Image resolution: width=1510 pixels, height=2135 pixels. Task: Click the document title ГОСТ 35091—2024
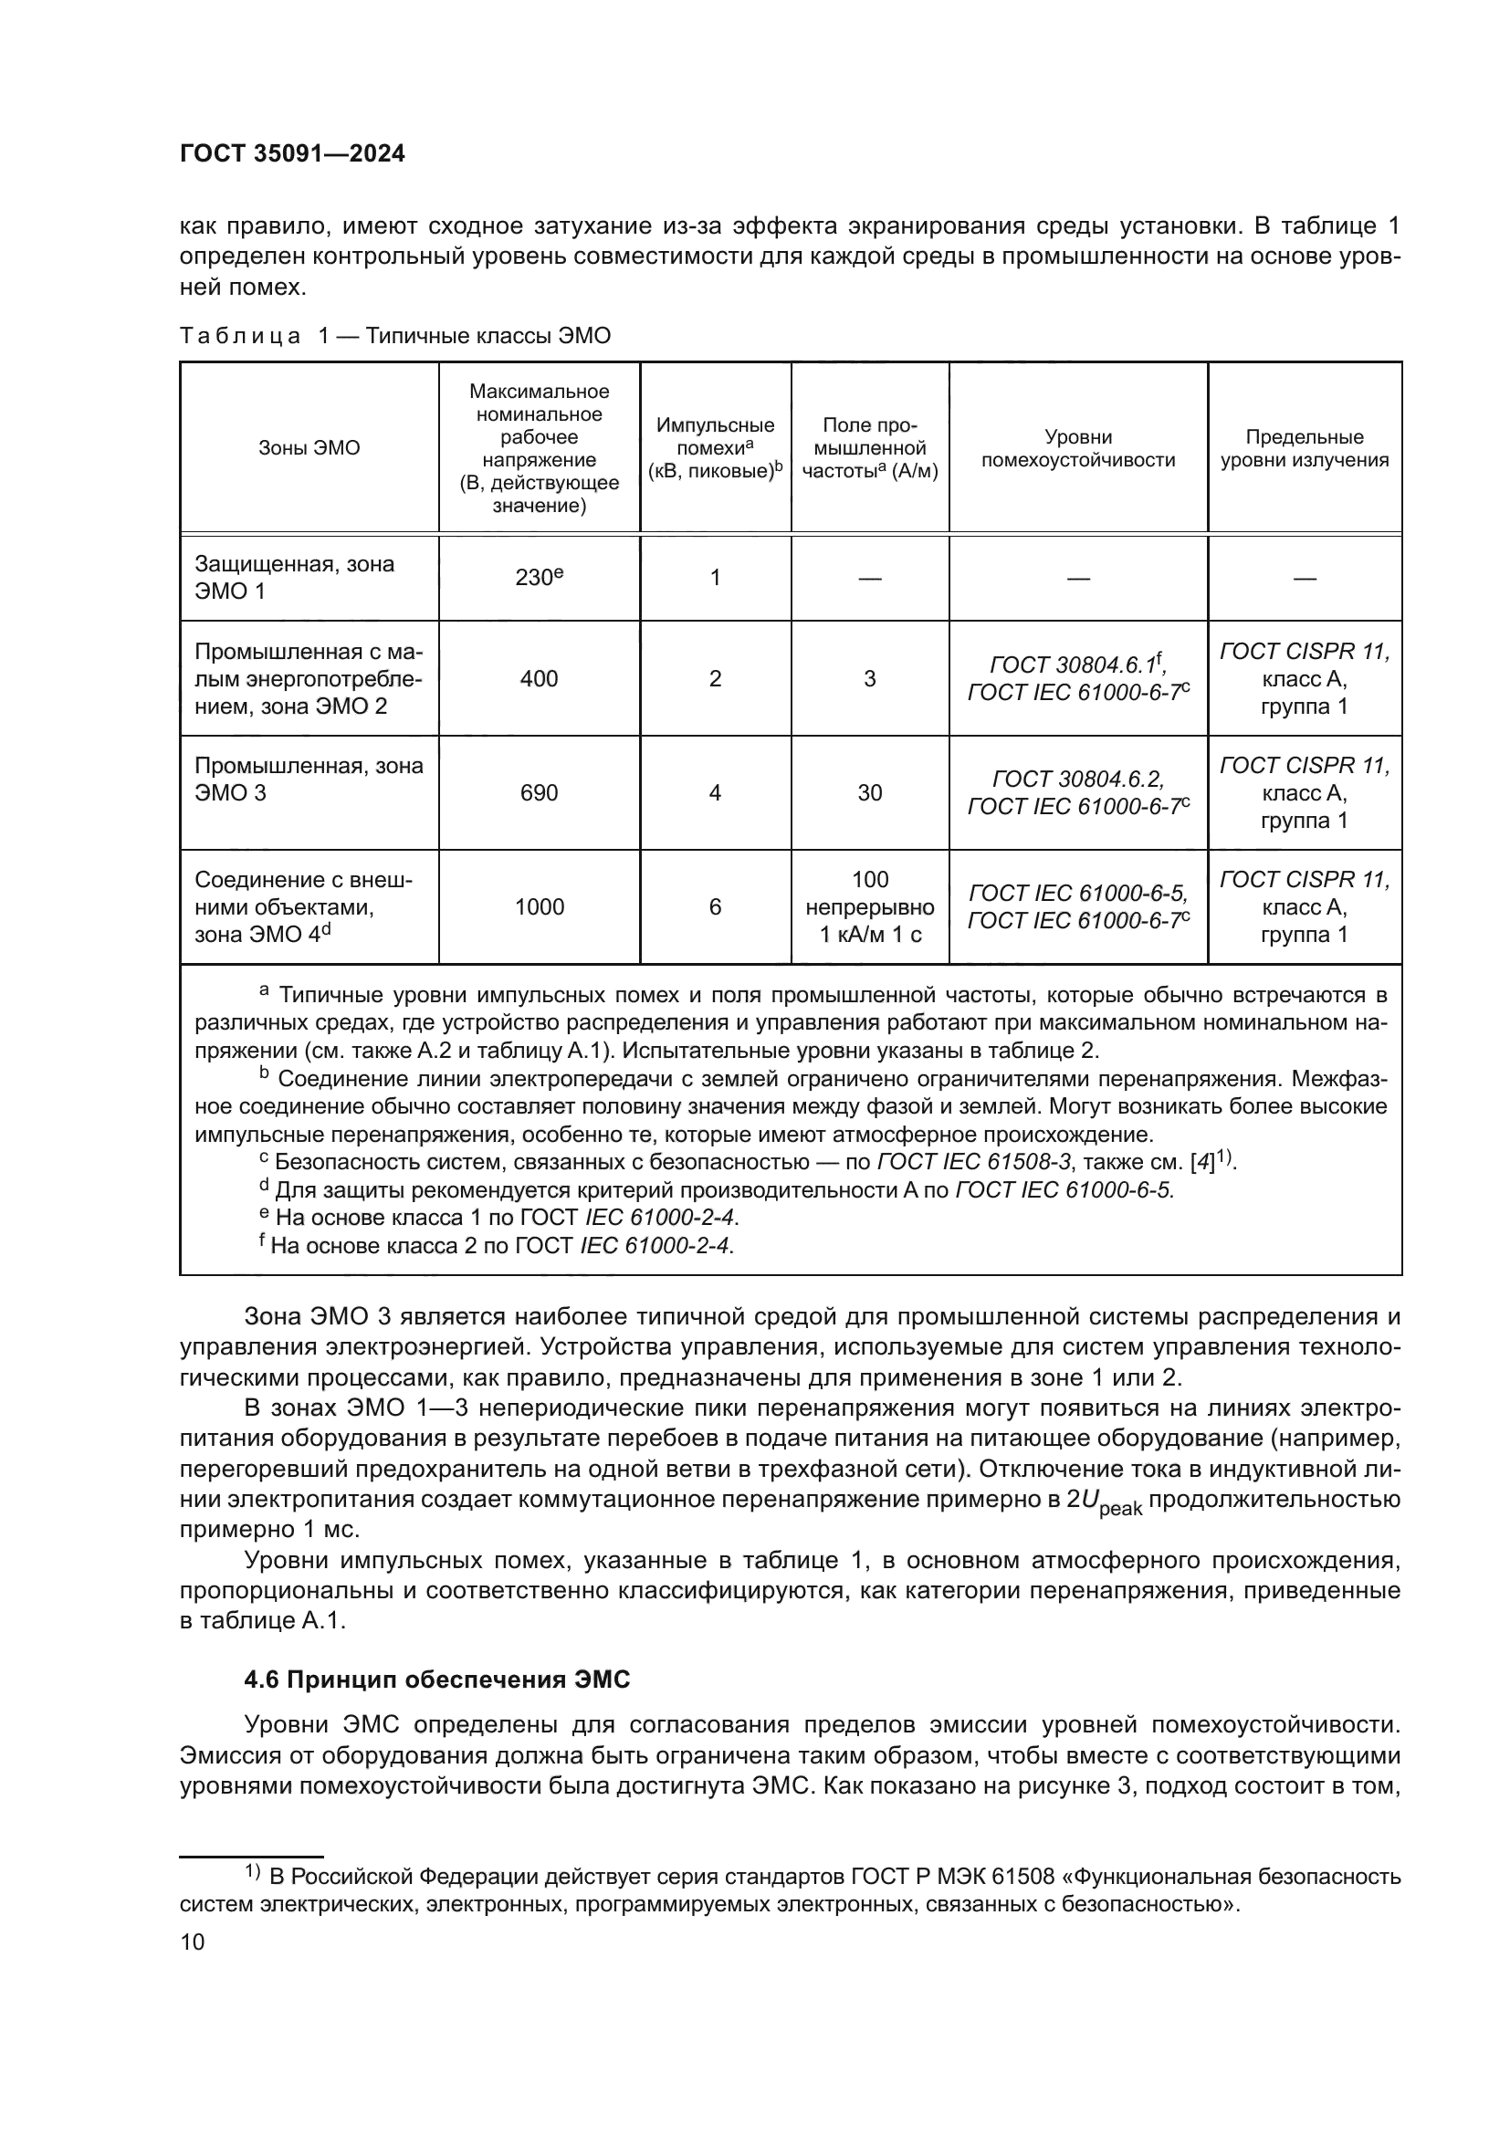tap(292, 154)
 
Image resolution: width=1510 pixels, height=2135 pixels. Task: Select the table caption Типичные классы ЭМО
tap(488, 336)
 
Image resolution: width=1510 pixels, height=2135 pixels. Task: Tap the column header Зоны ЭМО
tap(309, 447)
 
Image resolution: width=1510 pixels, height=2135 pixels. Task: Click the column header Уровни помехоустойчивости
tap(1077, 448)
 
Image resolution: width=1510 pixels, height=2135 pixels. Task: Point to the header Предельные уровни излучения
tap(1304, 448)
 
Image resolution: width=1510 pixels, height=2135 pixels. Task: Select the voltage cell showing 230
tap(539, 578)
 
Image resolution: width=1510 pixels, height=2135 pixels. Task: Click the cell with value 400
tap(539, 679)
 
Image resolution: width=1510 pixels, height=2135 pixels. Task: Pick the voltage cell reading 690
tap(539, 792)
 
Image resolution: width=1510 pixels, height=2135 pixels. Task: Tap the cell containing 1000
tap(539, 906)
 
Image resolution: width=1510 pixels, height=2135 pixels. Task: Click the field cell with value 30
tap(869, 792)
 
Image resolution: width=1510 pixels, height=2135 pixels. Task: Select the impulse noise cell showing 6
tap(715, 906)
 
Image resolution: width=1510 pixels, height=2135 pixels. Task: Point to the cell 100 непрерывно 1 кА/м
tap(869, 906)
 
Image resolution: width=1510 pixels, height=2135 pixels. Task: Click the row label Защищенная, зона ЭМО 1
tap(294, 578)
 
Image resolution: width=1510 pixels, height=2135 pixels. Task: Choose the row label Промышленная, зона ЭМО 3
tap(308, 779)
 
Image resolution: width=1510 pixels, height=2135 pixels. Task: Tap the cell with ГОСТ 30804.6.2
tap(1077, 780)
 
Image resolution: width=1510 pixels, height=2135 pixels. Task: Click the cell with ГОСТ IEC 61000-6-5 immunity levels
tap(1077, 894)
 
